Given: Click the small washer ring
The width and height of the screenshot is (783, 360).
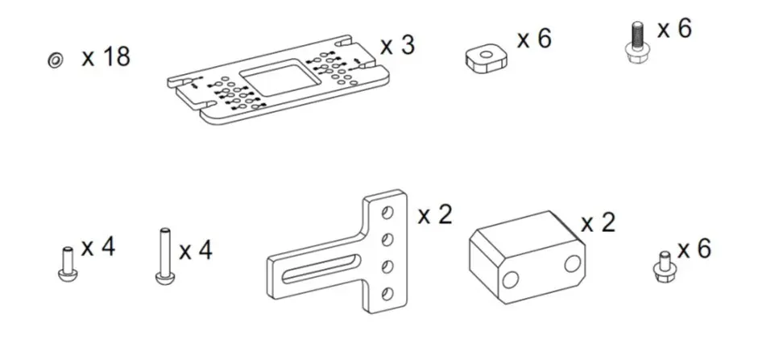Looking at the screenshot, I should click(x=56, y=60).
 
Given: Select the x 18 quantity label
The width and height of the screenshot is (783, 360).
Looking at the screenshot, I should click(x=106, y=58).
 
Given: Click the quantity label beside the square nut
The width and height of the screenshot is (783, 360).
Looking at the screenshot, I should click(x=534, y=39).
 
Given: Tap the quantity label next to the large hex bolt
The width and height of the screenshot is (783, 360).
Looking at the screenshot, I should click(x=674, y=29).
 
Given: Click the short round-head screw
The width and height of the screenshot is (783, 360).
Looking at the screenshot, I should click(x=67, y=263).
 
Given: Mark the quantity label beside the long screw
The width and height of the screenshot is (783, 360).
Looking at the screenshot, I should click(x=195, y=250).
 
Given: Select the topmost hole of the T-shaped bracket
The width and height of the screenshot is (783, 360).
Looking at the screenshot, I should click(x=387, y=212).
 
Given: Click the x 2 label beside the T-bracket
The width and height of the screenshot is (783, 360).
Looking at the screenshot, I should click(x=435, y=214).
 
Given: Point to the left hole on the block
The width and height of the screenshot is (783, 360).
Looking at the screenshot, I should click(x=509, y=279).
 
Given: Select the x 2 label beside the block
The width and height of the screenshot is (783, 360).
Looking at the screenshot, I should click(x=598, y=222).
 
